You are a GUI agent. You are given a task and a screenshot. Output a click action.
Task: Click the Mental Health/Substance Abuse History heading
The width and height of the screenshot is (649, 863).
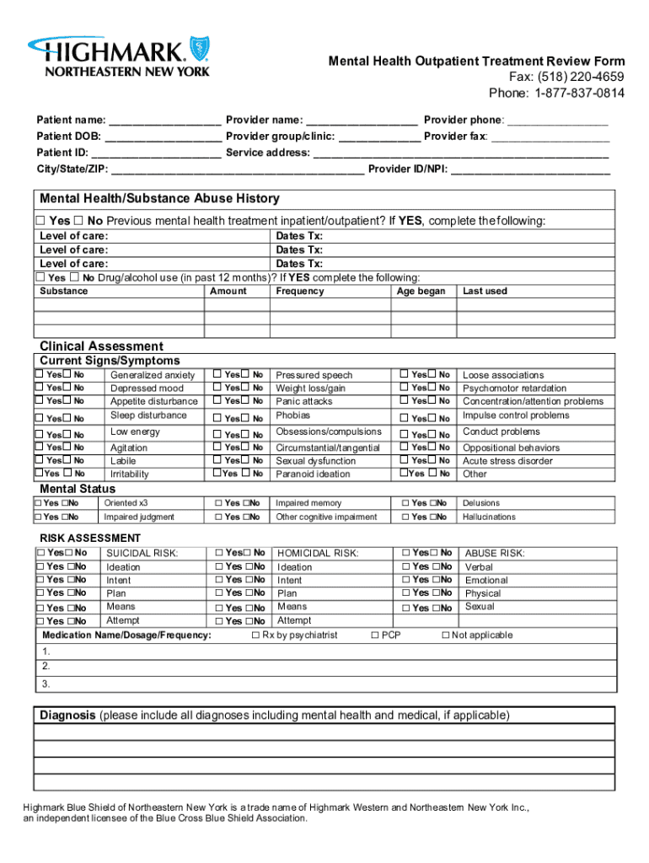click(159, 199)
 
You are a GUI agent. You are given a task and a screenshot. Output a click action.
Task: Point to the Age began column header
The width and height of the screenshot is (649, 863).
click(421, 292)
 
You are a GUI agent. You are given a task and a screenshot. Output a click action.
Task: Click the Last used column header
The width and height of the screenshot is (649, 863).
click(485, 292)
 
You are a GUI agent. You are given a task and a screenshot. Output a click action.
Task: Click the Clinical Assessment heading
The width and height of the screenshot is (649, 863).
click(102, 346)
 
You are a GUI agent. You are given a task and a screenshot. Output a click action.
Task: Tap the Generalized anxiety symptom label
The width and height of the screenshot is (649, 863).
click(153, 375)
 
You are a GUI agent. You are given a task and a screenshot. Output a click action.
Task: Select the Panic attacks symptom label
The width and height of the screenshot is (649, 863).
click(304, 402)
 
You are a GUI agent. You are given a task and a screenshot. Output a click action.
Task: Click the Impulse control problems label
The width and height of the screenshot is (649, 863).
click(516, 415)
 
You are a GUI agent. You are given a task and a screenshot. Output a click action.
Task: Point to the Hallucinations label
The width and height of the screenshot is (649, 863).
click(489, 517)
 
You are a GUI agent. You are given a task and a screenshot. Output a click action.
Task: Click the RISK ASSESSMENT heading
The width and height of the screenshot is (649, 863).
click(91, 539)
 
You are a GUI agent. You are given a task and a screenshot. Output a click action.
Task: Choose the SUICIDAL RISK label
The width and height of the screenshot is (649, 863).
click(142, 554)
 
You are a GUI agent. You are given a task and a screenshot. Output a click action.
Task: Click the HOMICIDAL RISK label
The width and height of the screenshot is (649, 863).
click(318, 554)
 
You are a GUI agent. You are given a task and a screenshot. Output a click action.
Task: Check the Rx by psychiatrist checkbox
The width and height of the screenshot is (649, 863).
click(255, 635)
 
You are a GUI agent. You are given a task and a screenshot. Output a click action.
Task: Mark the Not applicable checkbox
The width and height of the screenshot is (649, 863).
click(446, 635)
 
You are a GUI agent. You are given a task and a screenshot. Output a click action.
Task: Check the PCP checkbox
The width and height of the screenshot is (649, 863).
click(375, 635)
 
